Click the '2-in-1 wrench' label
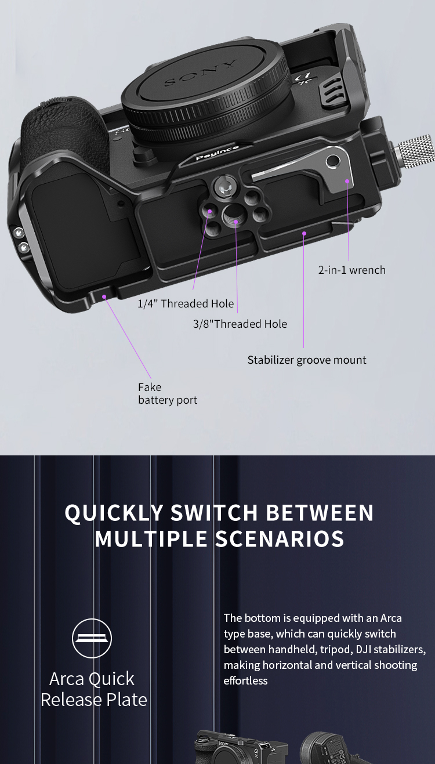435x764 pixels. tap(351, 270)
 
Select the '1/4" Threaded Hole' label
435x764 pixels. tap(186, 303)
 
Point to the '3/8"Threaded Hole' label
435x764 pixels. tap(240, 324)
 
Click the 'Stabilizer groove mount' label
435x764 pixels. tap(307, 360)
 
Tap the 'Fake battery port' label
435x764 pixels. tap(167, 394)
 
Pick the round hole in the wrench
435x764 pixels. tap(333, 161)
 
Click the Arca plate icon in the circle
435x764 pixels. tap(92, 638)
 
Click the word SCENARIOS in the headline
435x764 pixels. tap(280, 539)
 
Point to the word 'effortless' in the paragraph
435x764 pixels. tap(246, 680)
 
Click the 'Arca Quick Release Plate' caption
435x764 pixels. tap(93, 689)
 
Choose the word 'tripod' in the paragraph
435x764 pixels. tap(335, 649)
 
